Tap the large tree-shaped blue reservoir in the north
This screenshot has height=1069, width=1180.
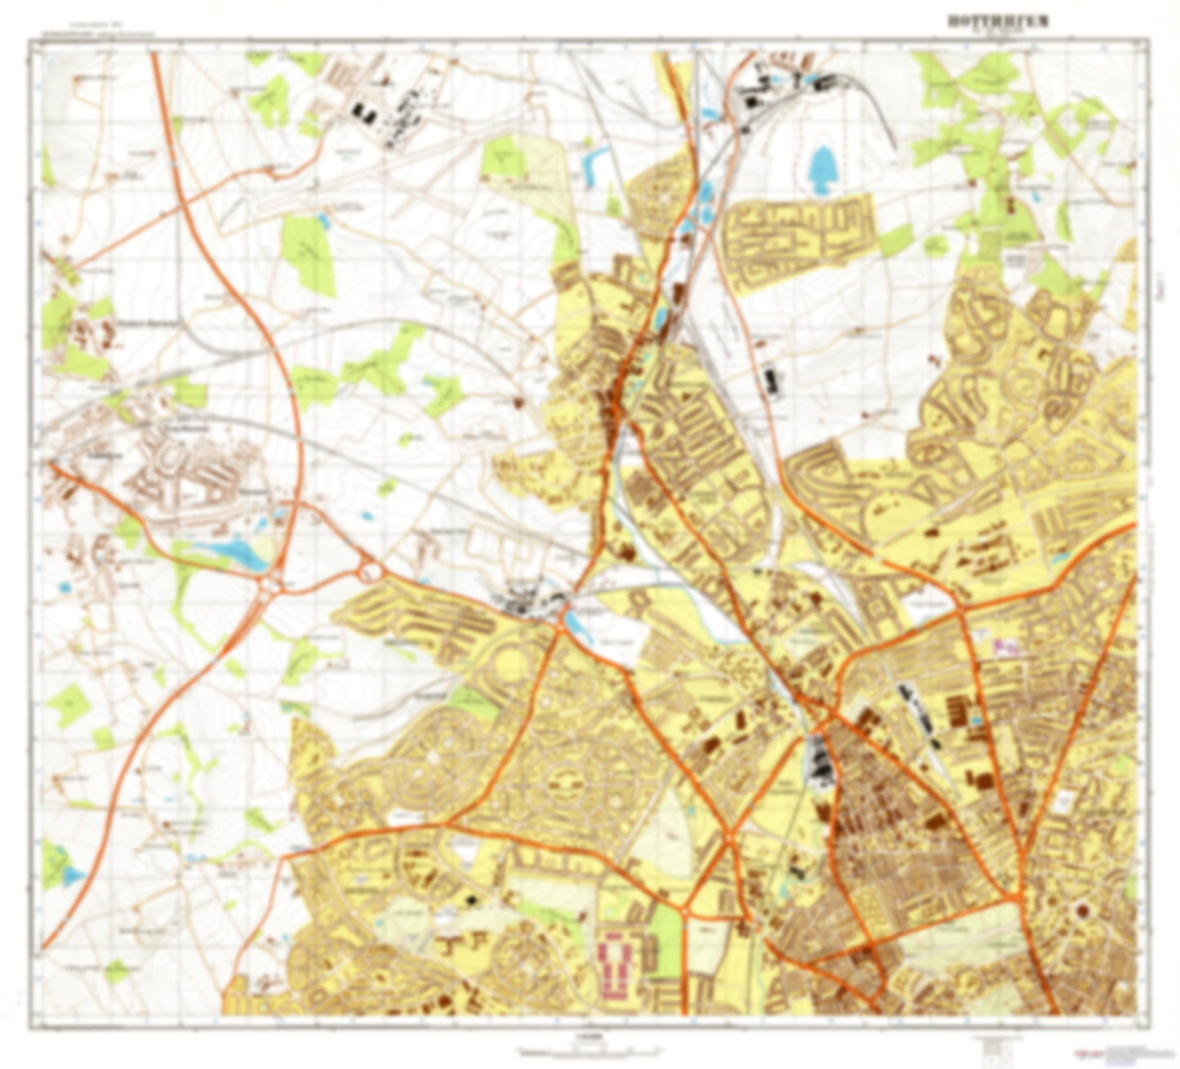pos(822,166)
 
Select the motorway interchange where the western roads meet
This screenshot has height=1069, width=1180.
pos(270,585)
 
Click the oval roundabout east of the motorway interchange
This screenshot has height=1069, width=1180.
pos(372,569)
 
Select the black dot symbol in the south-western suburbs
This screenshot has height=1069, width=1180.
pos(470,900)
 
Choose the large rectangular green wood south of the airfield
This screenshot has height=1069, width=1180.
pos(307,253)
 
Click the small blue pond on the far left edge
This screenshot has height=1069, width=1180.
pos(62,586)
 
